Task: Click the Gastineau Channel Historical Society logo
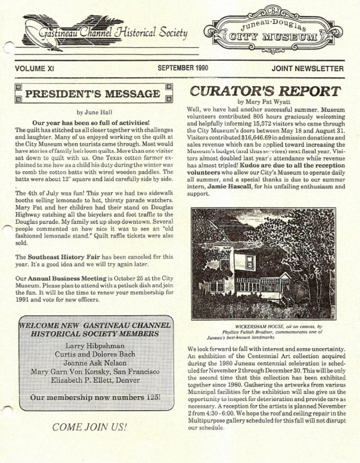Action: click(x=106, y=32)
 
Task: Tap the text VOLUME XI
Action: click(x=34, y=68)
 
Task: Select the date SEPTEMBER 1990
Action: click(x=183, y=68)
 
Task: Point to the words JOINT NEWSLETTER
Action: click(x=307, y=68)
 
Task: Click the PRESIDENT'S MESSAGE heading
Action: click(x=92, y=94)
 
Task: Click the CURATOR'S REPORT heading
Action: click(x=265, y=91)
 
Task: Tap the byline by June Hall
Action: click(x=94, y=112)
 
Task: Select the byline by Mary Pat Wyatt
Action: click(x=264, y=102)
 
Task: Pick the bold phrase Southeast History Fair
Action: click(x=64, y=257)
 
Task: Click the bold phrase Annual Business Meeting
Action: click(x=67, y=278)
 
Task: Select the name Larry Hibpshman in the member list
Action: click(x=95, y=346)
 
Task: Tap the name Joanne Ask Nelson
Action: click(x=95, y=363)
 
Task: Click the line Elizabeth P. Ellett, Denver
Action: click(x=95, y=380)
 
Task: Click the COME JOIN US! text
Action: click(x=90, y=427)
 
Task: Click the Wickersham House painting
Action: click(x=264, y=263)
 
